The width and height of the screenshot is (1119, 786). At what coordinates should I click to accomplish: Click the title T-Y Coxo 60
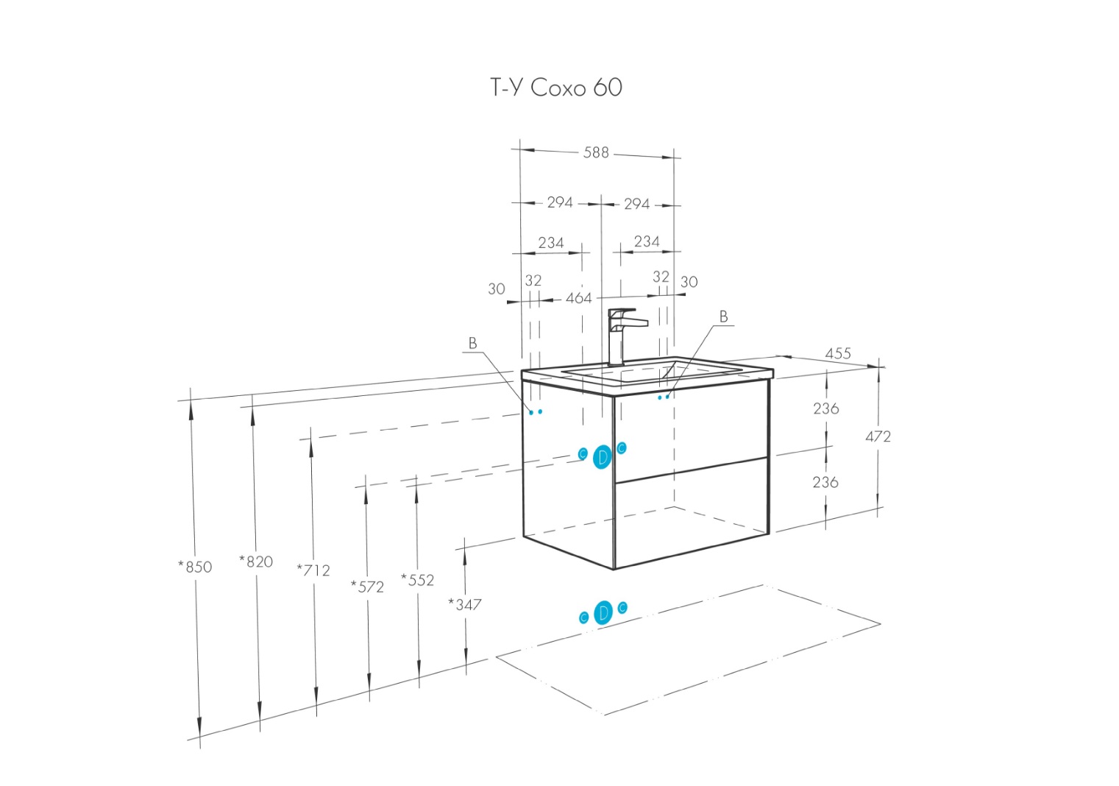[x=556, y=88]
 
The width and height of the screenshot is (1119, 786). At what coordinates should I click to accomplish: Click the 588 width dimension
[x=596, y=152]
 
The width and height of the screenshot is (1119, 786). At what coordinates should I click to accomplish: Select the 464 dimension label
[x=578, y=298]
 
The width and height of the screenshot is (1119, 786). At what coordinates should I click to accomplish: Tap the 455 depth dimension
[x=837, y=353]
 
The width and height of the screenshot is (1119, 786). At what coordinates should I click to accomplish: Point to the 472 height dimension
[x=878, y=436]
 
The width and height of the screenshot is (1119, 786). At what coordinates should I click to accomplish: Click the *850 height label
[x=195, y=567]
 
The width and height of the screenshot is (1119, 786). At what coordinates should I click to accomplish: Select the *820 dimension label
[x=256, y=562]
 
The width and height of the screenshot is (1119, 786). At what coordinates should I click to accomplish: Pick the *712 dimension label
[x=313, y=570]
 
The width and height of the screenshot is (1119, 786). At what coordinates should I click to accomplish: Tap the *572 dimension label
[x=367, y=587]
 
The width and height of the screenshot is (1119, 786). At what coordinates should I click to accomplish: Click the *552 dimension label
[x=417, y=580]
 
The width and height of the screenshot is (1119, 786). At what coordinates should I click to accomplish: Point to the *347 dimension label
[x=465, y=604]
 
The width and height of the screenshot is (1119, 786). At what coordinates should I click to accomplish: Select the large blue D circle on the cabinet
[x=603, y=457]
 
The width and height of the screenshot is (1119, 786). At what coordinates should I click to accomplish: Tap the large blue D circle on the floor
[x=603, y=612]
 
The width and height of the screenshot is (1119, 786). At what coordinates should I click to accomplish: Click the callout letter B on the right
[x=723, y=316]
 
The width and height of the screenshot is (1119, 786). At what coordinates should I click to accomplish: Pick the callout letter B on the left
[x=472, y=343]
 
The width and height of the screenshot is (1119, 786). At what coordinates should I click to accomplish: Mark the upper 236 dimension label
[x=825, y=408]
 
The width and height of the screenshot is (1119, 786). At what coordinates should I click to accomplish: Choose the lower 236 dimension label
[x=825, y=482]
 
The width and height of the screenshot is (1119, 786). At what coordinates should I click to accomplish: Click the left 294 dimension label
[x=560, y=202]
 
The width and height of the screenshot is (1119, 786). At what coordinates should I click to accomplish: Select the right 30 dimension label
[x=689, y=282]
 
